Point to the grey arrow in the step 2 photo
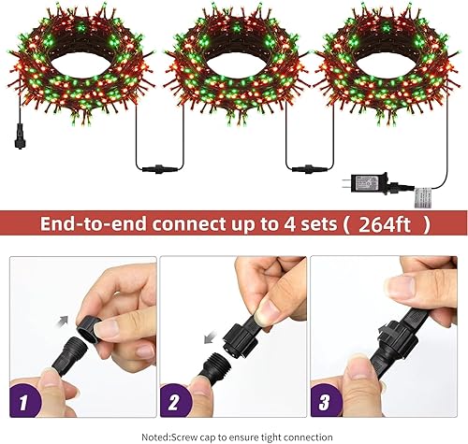pyautogui.click(x=212, y=329)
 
